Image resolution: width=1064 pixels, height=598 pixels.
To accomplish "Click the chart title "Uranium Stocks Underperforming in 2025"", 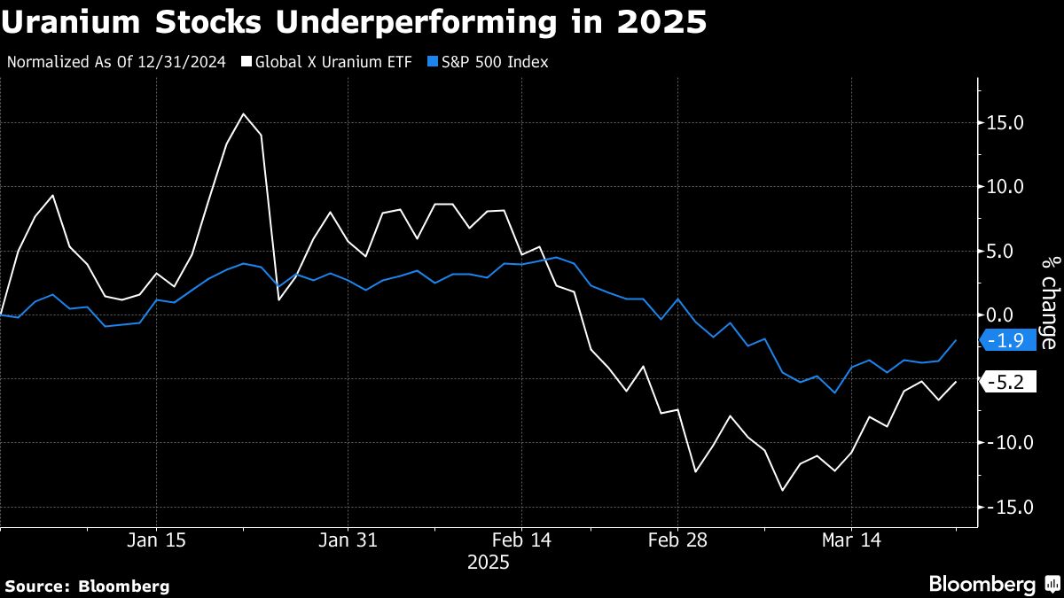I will pyautogui.click(x=355, y=22).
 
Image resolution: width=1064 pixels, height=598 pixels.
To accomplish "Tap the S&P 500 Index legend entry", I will pyautogui.click(x=489, y=62).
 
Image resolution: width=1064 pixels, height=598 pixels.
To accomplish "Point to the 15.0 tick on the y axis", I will pyautogui.click(x=1007, y=122).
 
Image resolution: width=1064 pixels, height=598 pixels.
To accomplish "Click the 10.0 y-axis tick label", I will pyautogui.click(x=1007, y=187).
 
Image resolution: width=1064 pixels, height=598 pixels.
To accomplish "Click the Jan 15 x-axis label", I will pyautogui.click(x=156, y=540).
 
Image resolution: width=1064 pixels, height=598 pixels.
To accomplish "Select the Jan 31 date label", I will pyautogui.click(x=348, y=540).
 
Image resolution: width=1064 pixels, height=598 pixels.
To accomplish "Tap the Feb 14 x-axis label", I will pyautogui.click(x=521, y=540).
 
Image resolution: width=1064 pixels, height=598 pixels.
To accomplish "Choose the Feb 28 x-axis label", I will pyautogui.click(x=677, y=540).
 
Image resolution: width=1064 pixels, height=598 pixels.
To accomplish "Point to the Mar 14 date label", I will pyautogui.click(x=851, y=540).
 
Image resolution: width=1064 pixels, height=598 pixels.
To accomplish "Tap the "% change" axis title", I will pyautogui.click(x=1049, y=301).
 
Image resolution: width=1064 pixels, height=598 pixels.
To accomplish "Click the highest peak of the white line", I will pyautogui.click(x=244, y=113).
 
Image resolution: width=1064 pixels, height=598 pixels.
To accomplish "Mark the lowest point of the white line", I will pyautogui.click(x=783, y=490).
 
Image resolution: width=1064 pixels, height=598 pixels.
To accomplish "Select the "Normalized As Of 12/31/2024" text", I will pyautogui.click(x=115, y=62).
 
